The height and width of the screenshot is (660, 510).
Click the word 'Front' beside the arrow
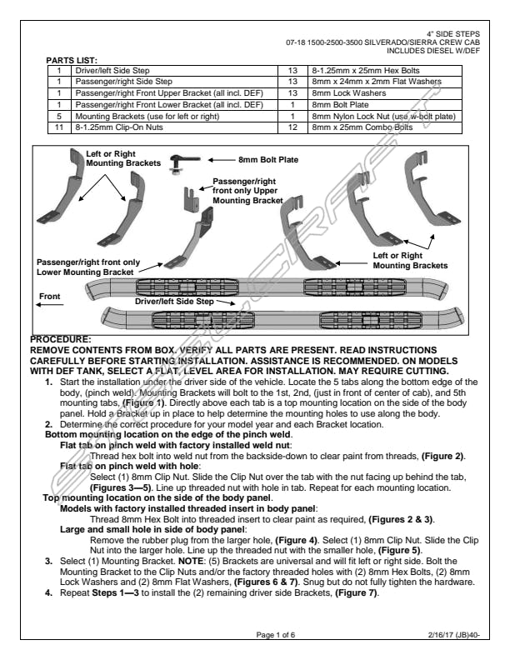click(51, 296)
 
